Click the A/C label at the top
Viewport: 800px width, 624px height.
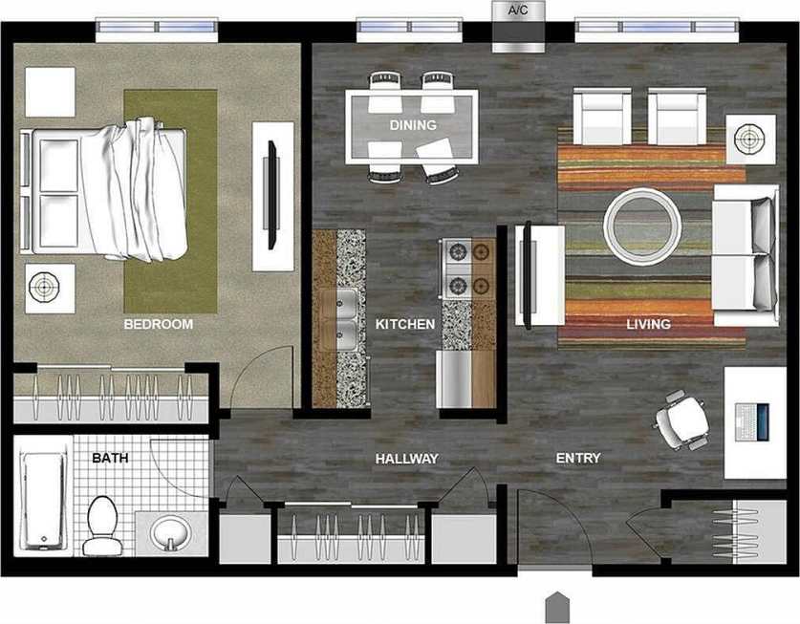click(518, 11)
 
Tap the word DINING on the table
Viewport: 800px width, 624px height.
click(413, 125)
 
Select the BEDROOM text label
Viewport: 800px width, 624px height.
click(159, 325)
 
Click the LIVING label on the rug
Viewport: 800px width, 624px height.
click(648, 325)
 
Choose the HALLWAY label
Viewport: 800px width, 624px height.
click(406, 459)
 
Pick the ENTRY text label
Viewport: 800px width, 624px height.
click(578, 459)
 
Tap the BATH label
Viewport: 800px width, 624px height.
click(110, 459)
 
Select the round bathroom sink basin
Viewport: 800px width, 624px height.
click(171, 531)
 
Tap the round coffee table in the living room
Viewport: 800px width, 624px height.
click(642, 226)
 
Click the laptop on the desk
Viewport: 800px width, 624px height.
click(753, 420)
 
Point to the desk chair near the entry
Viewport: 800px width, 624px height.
click(684, 419)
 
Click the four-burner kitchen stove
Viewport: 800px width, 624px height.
click(467, 269)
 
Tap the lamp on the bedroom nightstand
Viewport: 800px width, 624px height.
click(44, 286)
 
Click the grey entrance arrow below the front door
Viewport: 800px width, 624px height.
click(556, 608)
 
